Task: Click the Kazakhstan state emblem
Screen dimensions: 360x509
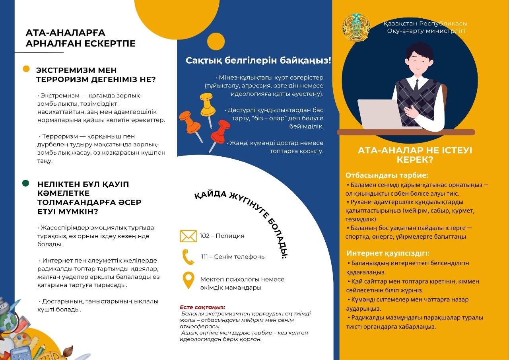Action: point(356,27)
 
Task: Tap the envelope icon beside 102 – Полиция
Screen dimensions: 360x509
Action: point(188,236)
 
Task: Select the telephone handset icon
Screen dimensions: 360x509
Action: point(188,257)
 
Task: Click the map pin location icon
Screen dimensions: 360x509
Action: point(188,280)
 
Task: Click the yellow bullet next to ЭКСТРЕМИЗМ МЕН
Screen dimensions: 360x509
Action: point(26,69)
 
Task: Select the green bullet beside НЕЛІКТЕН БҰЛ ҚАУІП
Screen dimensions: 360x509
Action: point(26,183)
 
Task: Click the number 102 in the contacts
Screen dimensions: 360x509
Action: point(204,236)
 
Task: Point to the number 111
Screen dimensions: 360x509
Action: point(205,257)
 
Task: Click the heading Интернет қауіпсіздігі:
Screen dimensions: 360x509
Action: point(388,253)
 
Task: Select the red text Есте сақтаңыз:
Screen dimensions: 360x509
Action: point(202,307)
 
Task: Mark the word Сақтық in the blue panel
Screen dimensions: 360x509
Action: point(203,61)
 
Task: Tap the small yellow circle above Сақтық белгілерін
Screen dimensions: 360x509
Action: point(216,41)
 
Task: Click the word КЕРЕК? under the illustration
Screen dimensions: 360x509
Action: point(415,160)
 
